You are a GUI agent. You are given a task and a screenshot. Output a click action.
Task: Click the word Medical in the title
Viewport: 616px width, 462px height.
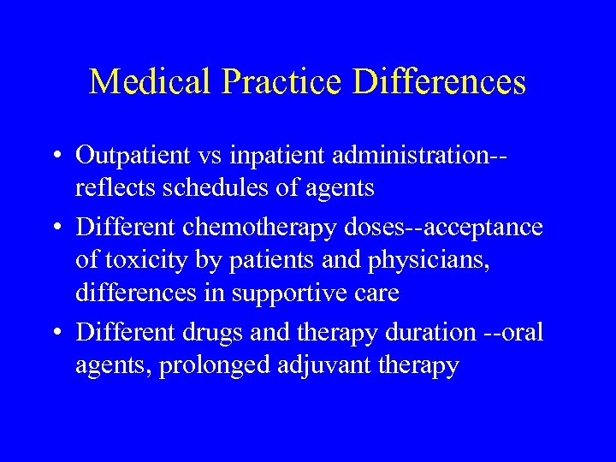[x=145, y=82]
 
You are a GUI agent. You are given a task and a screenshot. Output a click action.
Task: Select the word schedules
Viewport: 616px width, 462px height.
[x=202, y=188]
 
